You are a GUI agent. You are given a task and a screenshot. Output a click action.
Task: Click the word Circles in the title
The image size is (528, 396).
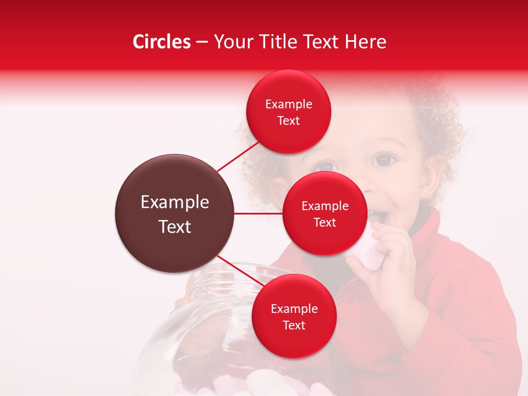(x=161, y=42)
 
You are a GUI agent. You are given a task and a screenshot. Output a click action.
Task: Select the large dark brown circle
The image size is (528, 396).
(x=174, y=213)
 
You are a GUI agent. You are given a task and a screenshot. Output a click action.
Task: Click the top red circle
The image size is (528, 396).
(x=288, y=112)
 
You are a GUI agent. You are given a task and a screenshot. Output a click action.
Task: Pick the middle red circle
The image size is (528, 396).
(x=324, y=213)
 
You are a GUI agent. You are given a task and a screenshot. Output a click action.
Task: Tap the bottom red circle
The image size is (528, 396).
(x=294, y=316)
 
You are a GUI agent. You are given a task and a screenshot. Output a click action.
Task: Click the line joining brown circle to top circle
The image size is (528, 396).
(x=238, y=156)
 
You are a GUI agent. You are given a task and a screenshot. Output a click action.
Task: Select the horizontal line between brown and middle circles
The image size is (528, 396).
(x=258, y=213)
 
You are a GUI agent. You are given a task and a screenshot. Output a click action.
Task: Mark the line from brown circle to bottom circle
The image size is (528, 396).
(x=240, y=272)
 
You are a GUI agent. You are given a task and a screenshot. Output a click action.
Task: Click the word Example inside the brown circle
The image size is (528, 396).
(x=174, y=202)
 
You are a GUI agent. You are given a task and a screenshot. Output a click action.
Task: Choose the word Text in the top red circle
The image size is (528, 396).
(x=288, y=121)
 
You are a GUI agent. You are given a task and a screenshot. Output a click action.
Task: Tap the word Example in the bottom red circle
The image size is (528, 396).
(x=294, y=309)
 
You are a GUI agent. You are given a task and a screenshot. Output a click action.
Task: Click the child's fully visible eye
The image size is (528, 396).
(x=383, y=160)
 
